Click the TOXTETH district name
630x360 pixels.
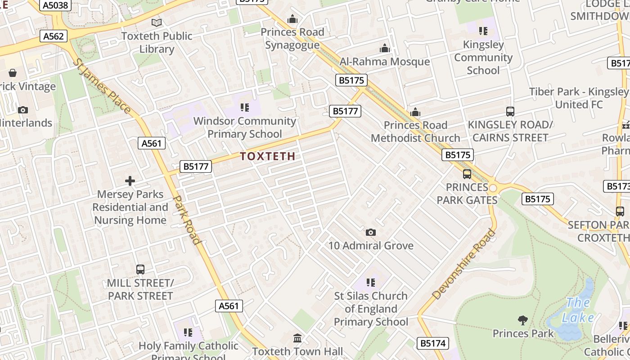[268, 157]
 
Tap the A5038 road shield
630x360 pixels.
[54, 5]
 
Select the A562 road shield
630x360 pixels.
[54, 36]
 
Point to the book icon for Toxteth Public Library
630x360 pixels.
[157, 22]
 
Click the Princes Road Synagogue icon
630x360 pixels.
[292, 19]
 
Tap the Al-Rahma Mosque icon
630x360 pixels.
[385, 48]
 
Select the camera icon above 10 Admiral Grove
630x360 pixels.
[371, 232]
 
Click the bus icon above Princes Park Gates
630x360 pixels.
[467, 174]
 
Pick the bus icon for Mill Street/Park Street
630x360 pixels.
[140, 270]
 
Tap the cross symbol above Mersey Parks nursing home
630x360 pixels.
[130, 181]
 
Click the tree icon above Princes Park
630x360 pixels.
[523, 320]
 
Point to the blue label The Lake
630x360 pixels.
[578, 310]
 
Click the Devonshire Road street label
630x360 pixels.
[464, 264]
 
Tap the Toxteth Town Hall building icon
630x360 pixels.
[297, 338]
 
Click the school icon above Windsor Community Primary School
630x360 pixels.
[245, 107]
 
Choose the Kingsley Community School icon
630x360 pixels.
[483, 31]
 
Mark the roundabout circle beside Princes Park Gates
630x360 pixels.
[493, 188]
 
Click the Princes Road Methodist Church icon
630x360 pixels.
[415, 112]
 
